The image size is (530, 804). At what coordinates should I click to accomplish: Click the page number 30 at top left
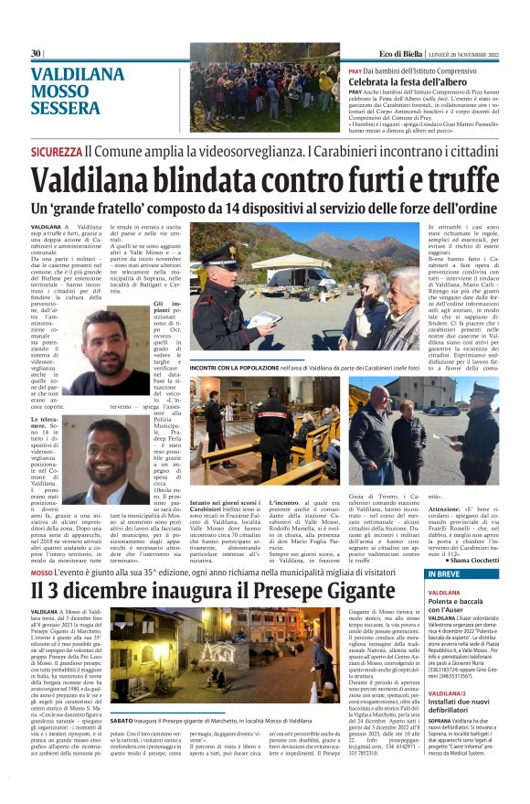click(x=36, y=53)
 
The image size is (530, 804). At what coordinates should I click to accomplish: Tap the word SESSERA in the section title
click(x=65, y=108)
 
